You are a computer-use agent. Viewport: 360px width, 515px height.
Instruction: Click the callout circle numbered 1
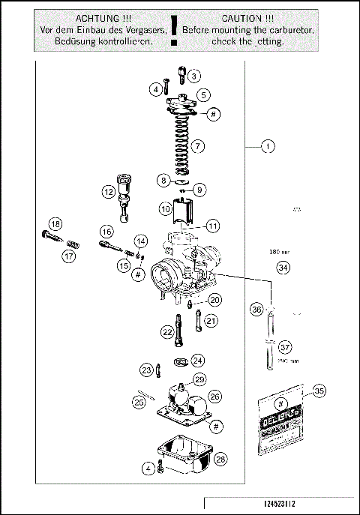click(x=268, y=147)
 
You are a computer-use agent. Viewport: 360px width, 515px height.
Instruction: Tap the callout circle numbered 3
click(x=194, y=76)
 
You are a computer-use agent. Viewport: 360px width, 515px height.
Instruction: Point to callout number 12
click(x=109, y=192)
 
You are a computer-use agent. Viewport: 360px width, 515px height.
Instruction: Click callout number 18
click(x=55, y=224)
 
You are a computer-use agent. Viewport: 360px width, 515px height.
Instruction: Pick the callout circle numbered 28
click(x=220, y=458)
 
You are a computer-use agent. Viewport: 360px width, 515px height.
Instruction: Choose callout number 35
click(x=319, y=391)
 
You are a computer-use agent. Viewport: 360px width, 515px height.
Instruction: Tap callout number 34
click(x=282, y=267)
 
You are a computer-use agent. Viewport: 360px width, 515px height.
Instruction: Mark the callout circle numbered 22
click(x=167, y=331)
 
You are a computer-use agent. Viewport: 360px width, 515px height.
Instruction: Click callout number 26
click(x=214, y=395)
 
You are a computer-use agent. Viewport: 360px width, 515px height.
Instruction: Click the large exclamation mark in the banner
click(x=175, y=28)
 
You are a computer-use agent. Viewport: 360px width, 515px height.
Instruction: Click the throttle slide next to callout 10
click(x=184, y=209)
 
